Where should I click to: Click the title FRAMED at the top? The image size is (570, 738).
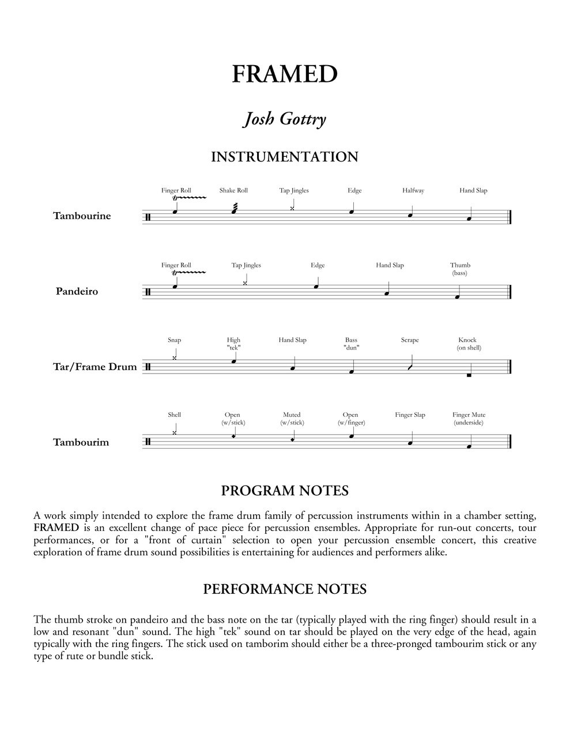point(285,74)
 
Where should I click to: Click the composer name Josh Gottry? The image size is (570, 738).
point(285,119)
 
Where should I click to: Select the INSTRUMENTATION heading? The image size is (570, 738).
point(285,157)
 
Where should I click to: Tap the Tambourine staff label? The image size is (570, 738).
point(82,216)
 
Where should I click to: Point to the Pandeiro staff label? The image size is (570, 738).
point(77,292)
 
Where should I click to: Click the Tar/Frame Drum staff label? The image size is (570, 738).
point(95,367)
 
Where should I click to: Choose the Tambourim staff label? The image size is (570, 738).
point(81,443)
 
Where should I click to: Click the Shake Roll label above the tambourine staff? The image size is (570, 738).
point(233,191)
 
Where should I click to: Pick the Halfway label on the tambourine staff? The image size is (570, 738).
point(413,191)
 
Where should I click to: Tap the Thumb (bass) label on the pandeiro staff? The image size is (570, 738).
point(460,269)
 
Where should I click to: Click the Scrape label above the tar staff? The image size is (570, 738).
point(410,340)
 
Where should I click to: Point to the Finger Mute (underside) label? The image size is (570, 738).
point(469,419)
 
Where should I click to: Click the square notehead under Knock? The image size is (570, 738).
point(469,375)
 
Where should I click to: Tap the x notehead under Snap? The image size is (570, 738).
point(175,358)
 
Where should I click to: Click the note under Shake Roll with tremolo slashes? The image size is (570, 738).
point(233,211)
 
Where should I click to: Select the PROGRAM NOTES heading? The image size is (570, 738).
point(285,491)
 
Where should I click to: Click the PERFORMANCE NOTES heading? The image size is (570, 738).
point(285,589)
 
